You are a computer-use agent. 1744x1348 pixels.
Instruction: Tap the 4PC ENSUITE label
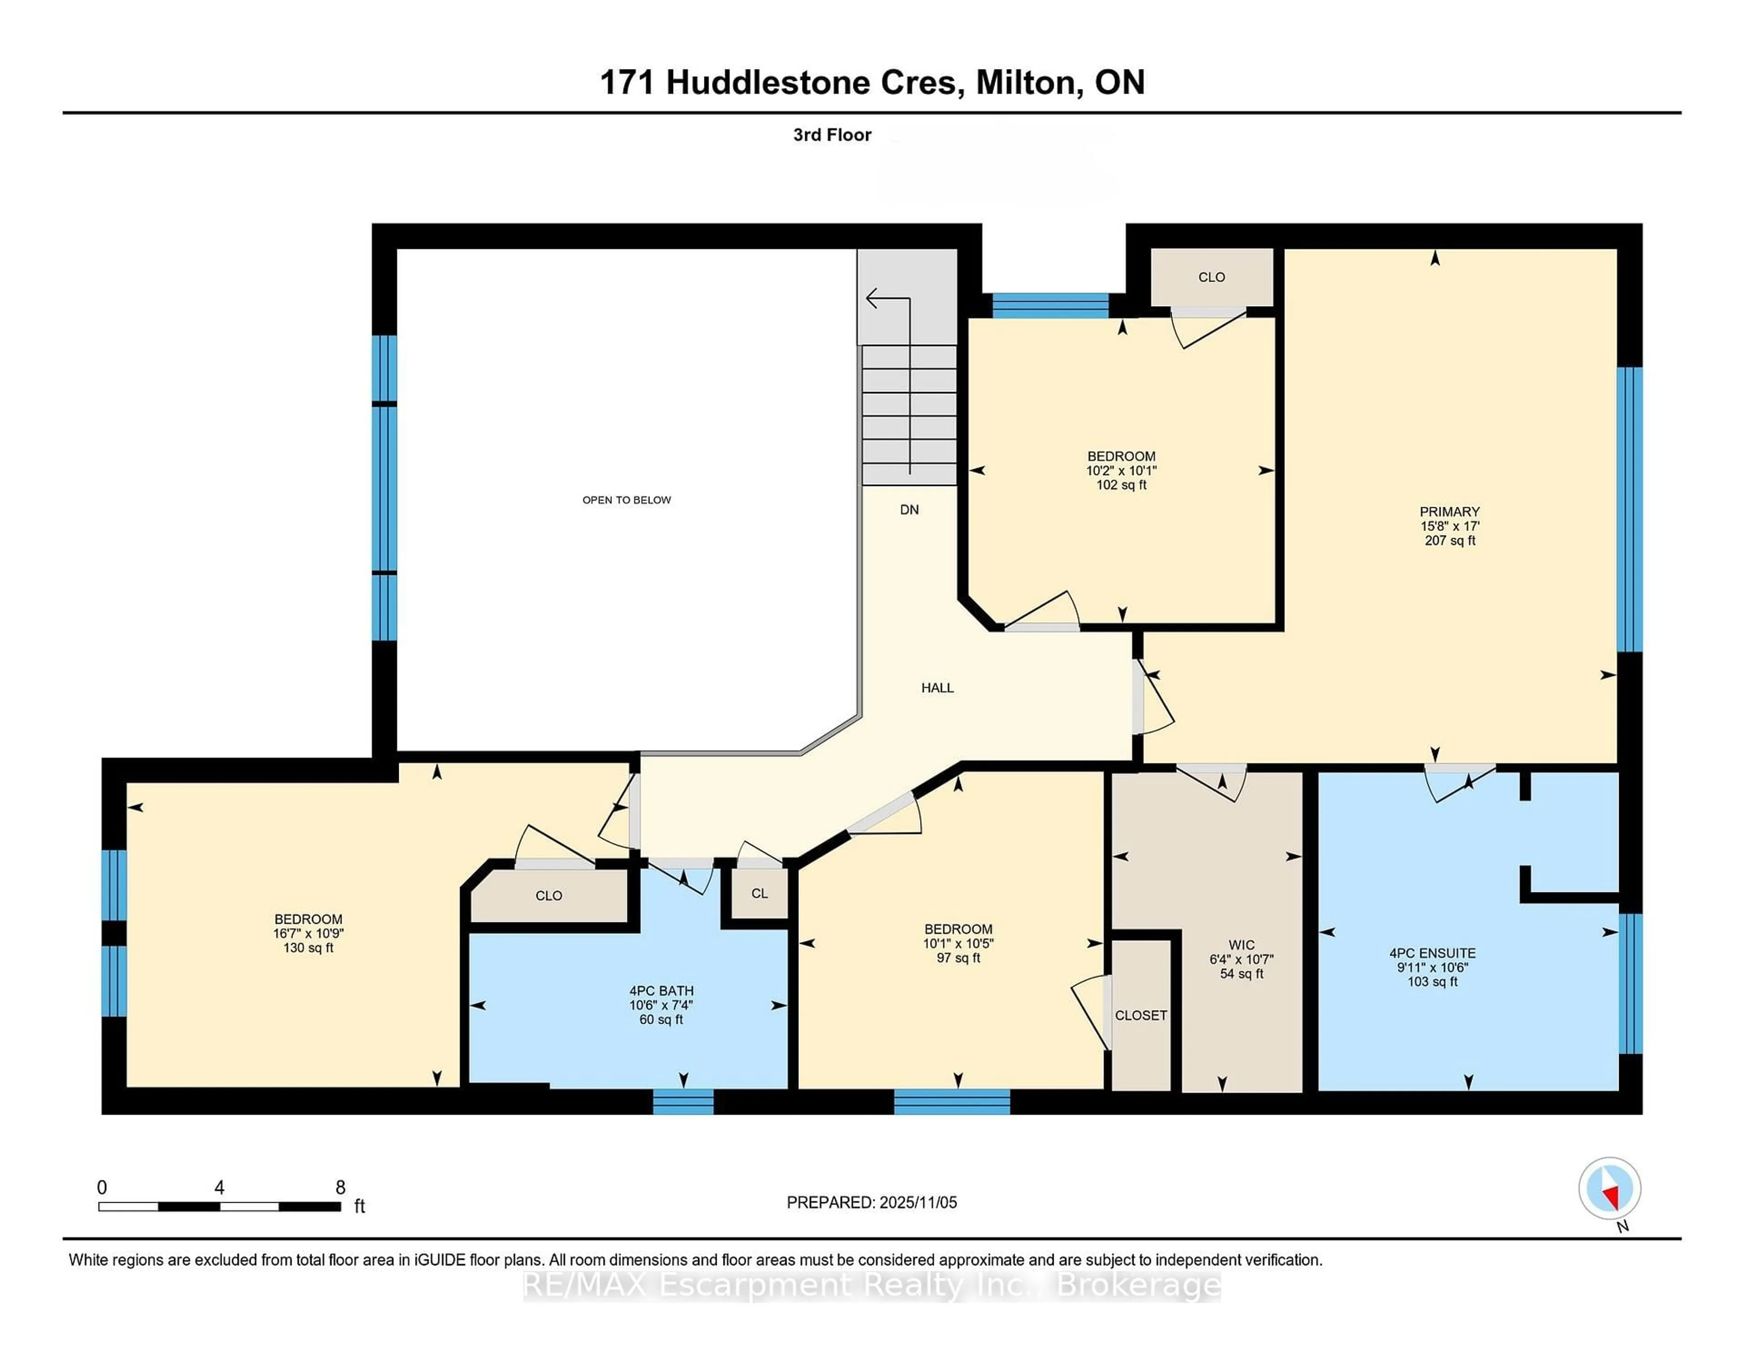click(x=1432, y=953)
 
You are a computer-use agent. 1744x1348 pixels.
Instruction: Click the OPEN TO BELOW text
click(x=626, y=500)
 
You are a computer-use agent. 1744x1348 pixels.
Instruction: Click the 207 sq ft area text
click(x=1449, y=540)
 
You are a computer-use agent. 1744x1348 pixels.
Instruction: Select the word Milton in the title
click(x=1029, y=82)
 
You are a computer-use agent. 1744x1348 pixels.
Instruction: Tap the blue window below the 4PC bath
click(x=683, y=1102)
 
